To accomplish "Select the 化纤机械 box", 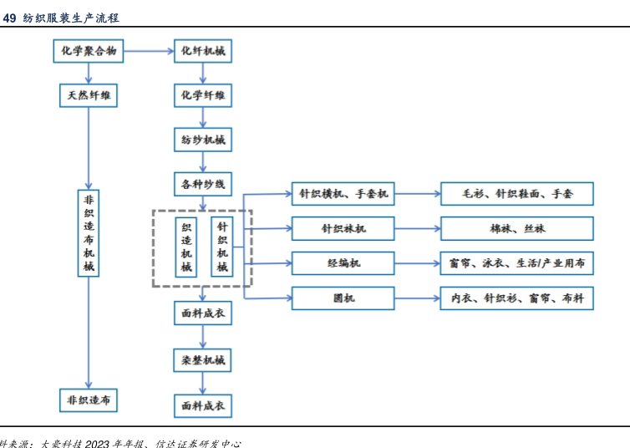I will coord(203,52).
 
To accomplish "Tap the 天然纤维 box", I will coord(89,95).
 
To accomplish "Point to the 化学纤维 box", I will coord(203,95).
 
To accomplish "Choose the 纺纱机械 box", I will coord(203,140).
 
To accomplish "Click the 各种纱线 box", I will coord(203,183).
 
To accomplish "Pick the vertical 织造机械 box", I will coord(186,247).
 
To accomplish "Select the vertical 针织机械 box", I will coord(222,247).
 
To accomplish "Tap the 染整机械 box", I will coord(203,361).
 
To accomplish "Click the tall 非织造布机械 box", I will coord(89,233).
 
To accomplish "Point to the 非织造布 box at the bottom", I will coord(89,400).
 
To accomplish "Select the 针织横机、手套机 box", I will coord(343,194).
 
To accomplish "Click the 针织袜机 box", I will coord(343,228).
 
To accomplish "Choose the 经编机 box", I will coord(343,263).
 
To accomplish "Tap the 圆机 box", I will coord(343,298).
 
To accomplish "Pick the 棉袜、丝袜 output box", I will coord(517,228).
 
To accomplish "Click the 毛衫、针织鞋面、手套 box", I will coord(517,194).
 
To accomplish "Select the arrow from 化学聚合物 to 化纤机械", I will coord(150,52).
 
